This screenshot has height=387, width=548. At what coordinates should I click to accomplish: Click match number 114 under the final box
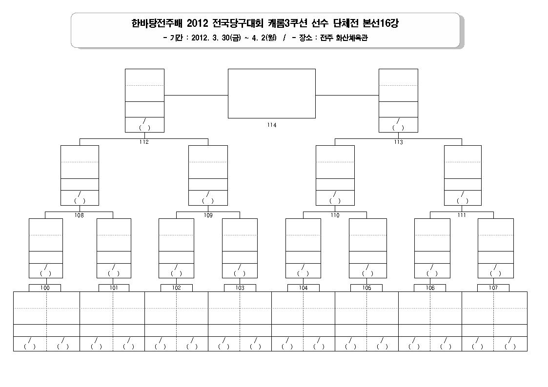[271, 125]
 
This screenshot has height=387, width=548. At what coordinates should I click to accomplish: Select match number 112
[144, 142]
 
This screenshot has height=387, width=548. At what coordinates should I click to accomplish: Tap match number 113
[398, 142]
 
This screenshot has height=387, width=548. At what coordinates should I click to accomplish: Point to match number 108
[79, 215]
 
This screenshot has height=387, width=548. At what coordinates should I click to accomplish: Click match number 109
[208, 215]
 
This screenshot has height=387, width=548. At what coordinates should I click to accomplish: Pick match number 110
[335, 215]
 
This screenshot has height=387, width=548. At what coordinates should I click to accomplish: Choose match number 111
[462, 215]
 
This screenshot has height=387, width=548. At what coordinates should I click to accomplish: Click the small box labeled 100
[45, 288]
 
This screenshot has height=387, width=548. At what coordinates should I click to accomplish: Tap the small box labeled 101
[114, 288]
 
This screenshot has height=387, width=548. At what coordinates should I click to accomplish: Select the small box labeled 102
[177, 288]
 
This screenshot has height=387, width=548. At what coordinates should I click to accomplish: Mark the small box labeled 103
[240, 288]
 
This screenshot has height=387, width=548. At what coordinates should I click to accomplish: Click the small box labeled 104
[304, 288]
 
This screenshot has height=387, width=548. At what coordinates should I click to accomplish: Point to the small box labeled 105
[366, 288]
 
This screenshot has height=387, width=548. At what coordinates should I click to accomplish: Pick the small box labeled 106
[430, 288]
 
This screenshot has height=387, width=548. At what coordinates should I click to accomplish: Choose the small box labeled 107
[493, 288]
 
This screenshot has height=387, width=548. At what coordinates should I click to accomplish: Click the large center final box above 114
[271, 94]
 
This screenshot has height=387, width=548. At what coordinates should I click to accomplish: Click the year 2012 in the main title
[198, 23]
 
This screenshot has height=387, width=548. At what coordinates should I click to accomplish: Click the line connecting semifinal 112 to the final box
[196, 95]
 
